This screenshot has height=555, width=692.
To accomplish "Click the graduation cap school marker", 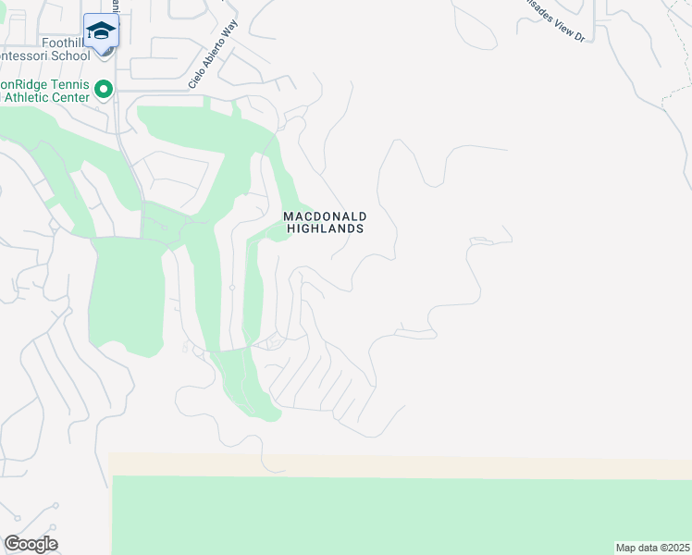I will (100, 31).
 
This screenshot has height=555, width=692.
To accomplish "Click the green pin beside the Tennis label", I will (104, 90).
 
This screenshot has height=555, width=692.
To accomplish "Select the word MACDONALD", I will (323, 216).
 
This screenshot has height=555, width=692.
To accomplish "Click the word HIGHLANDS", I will (324, 228).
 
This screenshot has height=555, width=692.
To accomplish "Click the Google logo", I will (31, 544).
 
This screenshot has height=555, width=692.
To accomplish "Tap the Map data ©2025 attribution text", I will (653, 548).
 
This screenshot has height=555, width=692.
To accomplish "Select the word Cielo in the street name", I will (195, 80).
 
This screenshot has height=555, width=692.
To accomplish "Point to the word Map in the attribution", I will (626, 548).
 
